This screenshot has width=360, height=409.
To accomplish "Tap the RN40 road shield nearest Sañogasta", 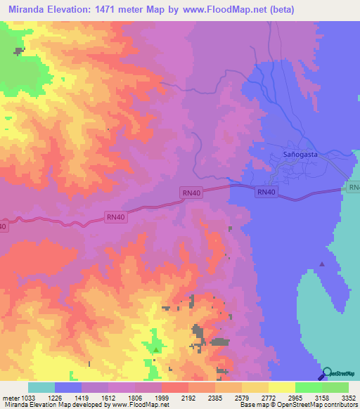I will point(266,192).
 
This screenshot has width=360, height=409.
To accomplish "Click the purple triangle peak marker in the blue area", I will point(322,264).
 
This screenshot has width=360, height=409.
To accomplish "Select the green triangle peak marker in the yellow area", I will point(156,349).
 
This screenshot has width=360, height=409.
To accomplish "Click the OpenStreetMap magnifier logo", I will point(327,374).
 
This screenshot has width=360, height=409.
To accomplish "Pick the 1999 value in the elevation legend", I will point(161,398).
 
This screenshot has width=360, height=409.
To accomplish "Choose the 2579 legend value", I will point(242,398).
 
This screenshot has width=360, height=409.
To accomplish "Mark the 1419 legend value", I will point(81,398).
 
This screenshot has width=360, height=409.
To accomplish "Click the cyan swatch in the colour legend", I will point(41,387).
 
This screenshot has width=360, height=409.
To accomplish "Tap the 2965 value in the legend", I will point(295,398).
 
